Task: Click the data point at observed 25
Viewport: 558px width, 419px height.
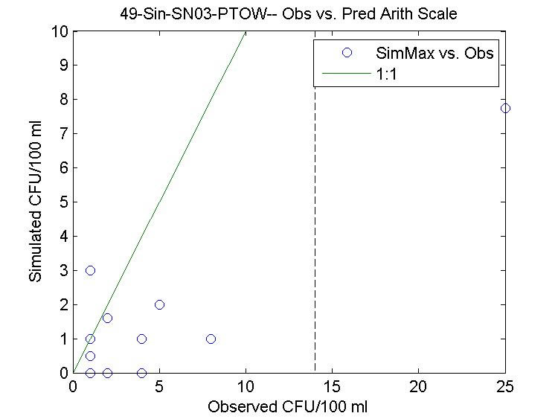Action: point(505,108)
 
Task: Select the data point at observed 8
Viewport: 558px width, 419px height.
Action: point(211,339)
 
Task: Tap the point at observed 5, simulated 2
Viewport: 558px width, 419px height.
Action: point(159,304)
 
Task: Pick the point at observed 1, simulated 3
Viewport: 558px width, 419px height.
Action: point(90,270)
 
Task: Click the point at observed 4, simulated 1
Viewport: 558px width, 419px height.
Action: point(142,339)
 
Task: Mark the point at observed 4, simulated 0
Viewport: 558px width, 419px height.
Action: point(142,372)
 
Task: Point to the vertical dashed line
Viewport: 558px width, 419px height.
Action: point(315,223)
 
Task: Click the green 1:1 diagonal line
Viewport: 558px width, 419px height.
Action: point(159,202)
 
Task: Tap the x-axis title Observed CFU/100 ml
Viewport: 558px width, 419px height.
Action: point(288,407)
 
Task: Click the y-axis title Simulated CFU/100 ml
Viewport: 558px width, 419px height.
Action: point(35,202)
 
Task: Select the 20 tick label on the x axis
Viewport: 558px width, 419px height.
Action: point(419,387)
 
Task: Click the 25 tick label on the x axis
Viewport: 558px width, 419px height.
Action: point(505,387)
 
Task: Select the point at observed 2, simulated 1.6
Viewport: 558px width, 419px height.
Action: point(107,318)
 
